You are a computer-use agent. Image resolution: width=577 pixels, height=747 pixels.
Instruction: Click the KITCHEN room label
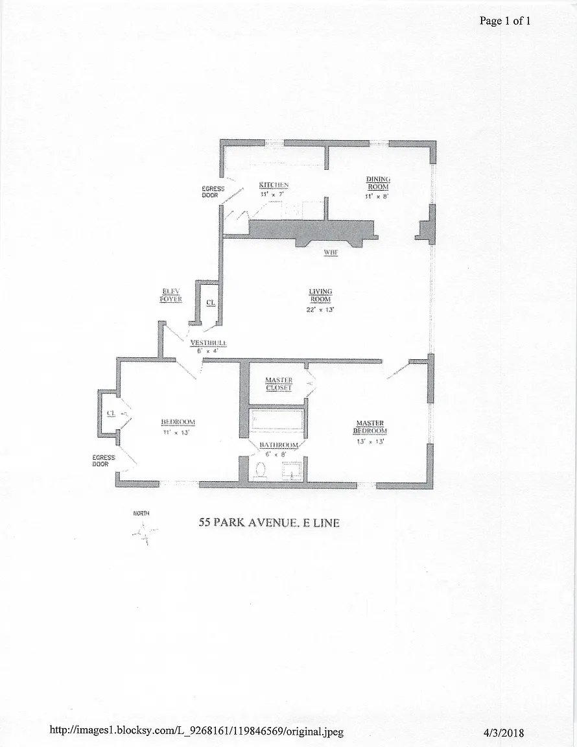tap(273, 185)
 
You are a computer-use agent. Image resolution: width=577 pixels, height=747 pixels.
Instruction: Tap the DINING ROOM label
tap(378, 183)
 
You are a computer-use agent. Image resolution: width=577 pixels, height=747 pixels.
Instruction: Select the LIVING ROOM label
tap(320, 296)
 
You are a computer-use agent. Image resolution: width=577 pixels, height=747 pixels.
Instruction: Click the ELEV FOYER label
tap(171, 296)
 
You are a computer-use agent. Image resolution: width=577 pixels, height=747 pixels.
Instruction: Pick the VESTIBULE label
tap(208, 343)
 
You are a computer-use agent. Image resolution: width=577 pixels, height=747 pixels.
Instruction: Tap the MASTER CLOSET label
tap(279, 384)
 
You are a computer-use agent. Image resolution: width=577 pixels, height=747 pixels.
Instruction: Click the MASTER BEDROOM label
tap(370, 427)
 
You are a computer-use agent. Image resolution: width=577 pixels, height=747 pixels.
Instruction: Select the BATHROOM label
tap(279, 445)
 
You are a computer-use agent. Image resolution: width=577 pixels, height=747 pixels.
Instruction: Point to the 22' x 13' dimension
tap(320, 309)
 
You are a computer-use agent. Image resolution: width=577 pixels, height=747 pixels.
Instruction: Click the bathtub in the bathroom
tap(277, 422)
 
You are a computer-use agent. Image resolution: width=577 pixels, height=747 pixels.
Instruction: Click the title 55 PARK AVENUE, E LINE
tap(268, 523)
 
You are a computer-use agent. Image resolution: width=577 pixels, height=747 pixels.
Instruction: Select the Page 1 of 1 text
tap(505, 21)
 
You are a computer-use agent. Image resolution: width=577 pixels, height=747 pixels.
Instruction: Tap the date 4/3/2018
tap(504, 733)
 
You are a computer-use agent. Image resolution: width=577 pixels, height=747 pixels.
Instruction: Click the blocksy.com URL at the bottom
tap(197, 731)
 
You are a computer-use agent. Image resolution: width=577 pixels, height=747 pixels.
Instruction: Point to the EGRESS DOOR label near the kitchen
tap(213, 192)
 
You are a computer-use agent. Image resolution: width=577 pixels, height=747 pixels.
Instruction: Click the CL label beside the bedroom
tap(111, 412)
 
